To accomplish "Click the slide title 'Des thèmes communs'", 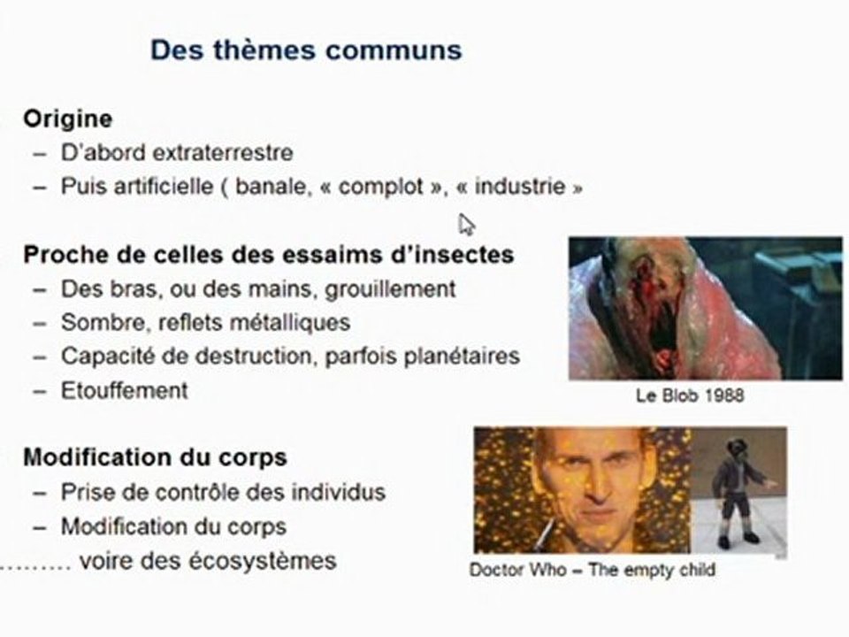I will click(x=305, y=49).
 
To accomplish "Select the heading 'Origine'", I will click(x=67, y=118).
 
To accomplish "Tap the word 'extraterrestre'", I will click(x=223, y=152).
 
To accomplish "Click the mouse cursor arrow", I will click(x=465, y=224).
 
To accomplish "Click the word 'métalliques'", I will click(x=300, y=323).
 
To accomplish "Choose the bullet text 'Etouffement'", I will click(x=124, y=390).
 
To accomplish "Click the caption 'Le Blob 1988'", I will click(x=690, y=395).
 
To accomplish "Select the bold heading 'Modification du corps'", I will click(x=155, y=457).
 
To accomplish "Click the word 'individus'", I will click(x=342, y=492).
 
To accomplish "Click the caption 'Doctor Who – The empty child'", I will click(x=592, y=571).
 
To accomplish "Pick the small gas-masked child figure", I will click(x=737, y=491).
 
